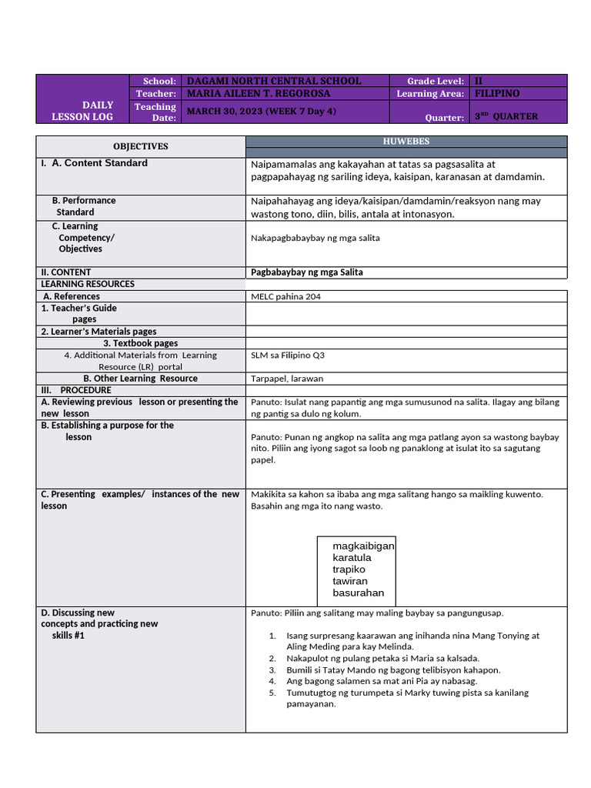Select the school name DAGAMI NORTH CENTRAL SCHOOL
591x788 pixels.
(274, 81)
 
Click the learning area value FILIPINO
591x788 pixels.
(497, 93)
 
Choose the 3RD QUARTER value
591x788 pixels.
(506, 116)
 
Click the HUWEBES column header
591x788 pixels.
(406, 142)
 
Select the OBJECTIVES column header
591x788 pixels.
(140, 146)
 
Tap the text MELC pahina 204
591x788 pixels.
(285, 296)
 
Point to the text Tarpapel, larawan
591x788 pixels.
(287, 379)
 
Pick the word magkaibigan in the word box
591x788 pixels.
(363, 546)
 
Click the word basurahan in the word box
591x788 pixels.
(358, 593)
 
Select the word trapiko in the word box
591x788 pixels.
(349, 569)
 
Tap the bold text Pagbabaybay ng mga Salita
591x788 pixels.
(307, 272)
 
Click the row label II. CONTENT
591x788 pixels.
(66, 272)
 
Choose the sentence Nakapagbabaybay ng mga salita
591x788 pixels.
(315, 238)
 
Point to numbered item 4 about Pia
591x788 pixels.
(382, 681)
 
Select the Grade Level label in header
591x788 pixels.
(436, 81)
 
